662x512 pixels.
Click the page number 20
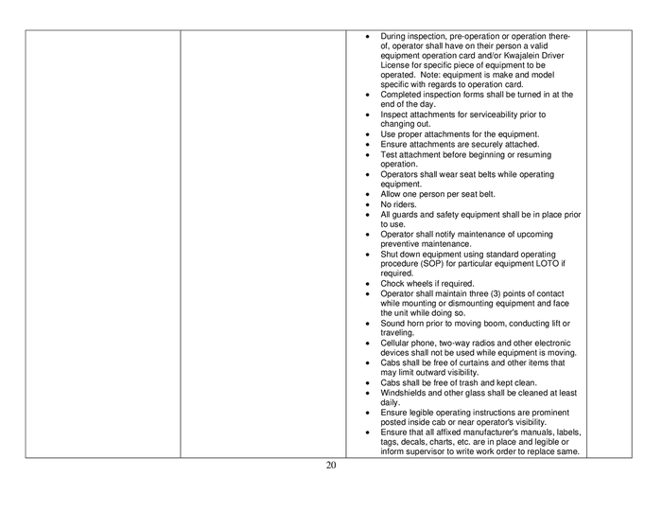click(331, 466)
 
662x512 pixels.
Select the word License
click(396, 65)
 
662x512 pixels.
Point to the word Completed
click(403, 95)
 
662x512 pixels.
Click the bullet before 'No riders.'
click(367, 204)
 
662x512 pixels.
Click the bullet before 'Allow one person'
click(367, 195)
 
